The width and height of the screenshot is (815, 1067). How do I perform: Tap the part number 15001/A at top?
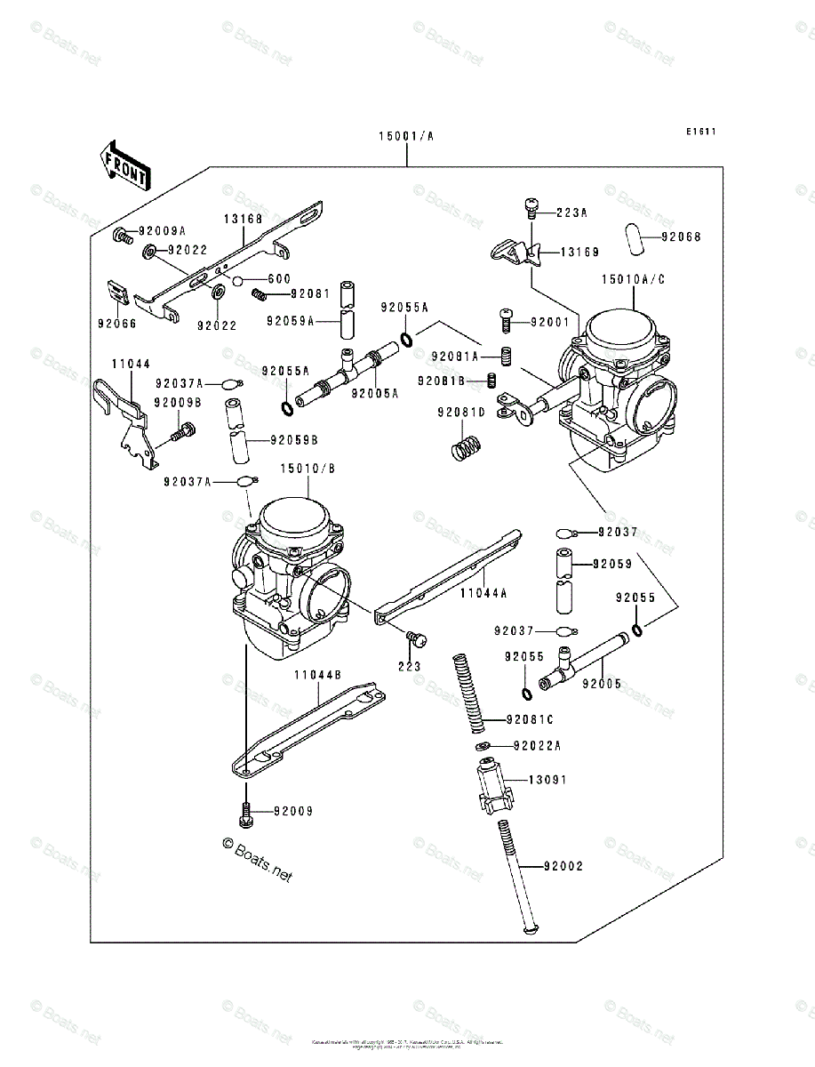[406, 136]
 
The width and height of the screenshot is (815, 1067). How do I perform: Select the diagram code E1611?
[699, 132]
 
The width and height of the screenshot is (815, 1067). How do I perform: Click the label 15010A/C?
[633, 279]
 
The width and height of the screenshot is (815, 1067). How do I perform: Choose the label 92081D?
[460, 413]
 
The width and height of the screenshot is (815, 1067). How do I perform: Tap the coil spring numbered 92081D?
[463, 445]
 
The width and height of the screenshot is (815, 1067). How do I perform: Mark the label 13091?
[547, 780]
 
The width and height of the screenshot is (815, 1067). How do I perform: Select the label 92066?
[117, 324]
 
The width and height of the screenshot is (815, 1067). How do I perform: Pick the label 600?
[279, 279]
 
